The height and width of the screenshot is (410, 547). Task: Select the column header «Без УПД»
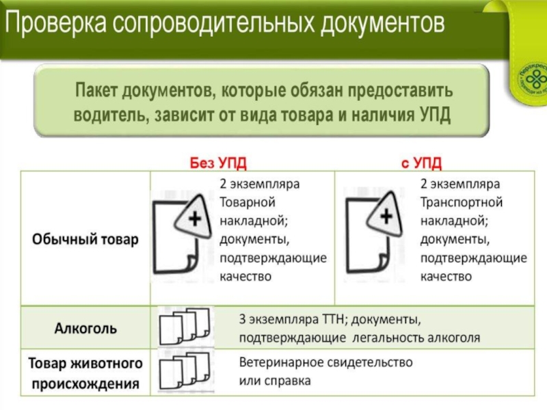point(217,163)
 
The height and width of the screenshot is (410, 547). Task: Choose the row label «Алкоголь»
point(85,328)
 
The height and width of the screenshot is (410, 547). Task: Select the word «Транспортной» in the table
point(462,202)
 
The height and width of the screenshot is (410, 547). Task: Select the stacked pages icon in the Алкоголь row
point(183,327)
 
